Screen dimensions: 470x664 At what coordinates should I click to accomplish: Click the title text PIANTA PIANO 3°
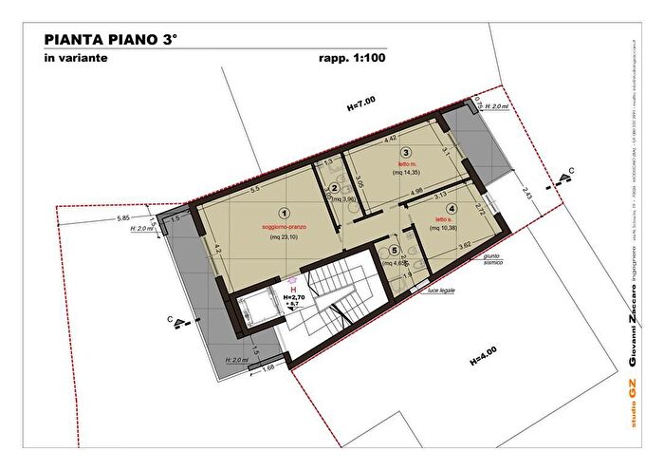110,40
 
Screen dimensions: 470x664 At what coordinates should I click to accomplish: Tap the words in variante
75,58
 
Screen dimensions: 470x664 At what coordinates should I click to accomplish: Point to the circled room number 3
405,153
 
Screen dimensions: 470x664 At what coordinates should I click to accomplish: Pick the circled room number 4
452,209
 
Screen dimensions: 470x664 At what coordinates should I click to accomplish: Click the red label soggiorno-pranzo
282,229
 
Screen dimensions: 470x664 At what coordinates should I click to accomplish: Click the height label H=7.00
361,102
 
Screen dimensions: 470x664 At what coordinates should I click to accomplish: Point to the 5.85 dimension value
123,218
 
